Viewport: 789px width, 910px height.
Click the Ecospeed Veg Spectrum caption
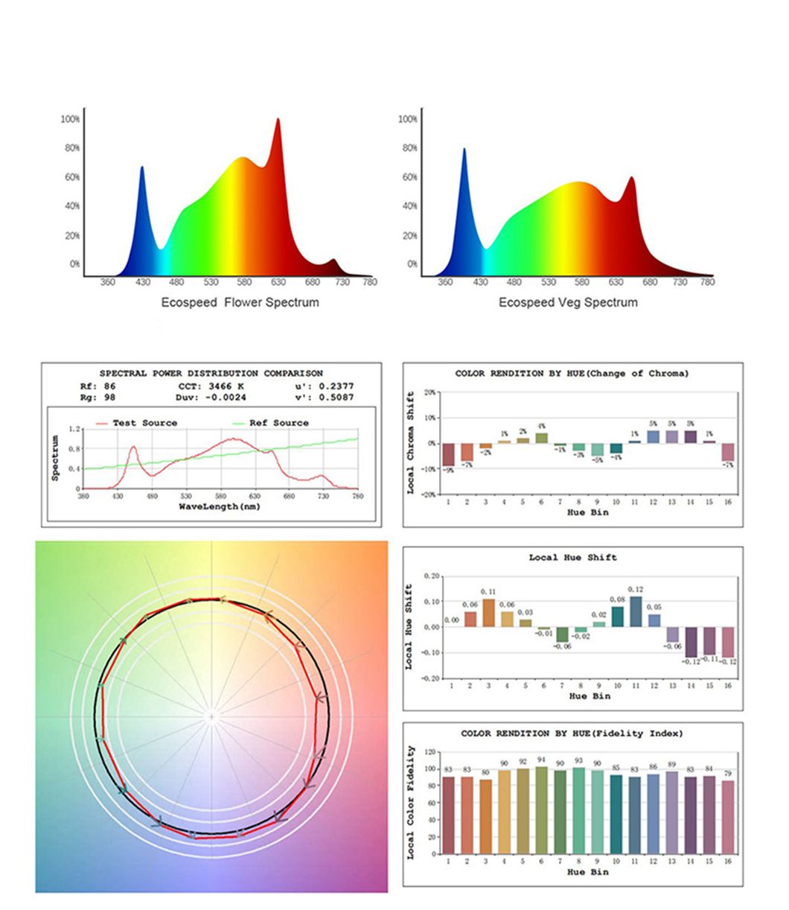click(x=568, y=302)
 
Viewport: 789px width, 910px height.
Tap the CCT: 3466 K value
click(x=211, y=386)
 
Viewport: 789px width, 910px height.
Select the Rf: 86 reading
click(x=98, y=386)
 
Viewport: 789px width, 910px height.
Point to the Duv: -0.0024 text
click(x=211, y=397)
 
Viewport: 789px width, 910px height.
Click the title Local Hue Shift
click(x=572, y=557)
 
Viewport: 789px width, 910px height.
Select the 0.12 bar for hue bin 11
click(x=635, y=611)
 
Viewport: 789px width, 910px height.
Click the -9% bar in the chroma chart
click(x=448, y=454)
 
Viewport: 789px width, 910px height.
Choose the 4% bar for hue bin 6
click(x=542, y=438)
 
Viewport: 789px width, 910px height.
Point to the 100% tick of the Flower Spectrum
click(x=71, y=119)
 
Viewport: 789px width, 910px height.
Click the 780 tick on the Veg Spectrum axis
click(x=707, y=282)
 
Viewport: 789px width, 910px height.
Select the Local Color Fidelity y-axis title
click(x=411, y=803)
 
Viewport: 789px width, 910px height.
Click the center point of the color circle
click(x=212, y=716)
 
